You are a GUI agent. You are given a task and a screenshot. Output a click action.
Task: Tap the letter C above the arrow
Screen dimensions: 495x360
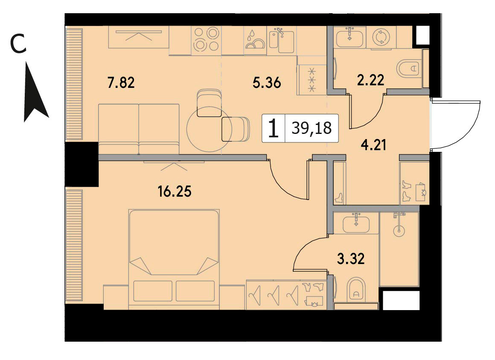click(x=18, y=44)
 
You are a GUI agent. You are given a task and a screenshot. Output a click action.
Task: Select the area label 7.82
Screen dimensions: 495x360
click(x=121, y=83)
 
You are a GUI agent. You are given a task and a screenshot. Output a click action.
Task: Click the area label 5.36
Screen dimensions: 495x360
click(x=267, y=83)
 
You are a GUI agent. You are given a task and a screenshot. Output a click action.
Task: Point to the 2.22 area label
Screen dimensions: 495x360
click(x=371, y=80)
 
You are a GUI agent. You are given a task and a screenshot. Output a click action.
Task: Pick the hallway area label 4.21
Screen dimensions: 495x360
click(x=374, y=145)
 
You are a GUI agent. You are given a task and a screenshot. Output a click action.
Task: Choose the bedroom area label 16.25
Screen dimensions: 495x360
click(x=175, y=191)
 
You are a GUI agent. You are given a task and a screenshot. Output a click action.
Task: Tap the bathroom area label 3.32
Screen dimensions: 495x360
click(x=351, y=259)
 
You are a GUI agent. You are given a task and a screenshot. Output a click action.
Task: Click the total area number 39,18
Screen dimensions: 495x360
click(x=312, y=128)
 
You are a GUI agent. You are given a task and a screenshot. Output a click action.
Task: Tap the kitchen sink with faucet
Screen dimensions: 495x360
click(x=281, y=40)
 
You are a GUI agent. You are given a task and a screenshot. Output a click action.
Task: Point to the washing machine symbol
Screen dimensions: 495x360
click(x=381, y=37)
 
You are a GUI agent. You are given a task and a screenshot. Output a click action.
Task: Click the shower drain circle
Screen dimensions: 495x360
click(x=399, y=230)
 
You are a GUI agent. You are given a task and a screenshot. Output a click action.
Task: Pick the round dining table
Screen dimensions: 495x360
click(x=209, y=129)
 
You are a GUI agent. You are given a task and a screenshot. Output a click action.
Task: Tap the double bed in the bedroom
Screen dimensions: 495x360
click(x=174, y=259)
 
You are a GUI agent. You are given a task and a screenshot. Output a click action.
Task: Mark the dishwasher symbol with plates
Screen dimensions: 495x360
click(x=255, y=40)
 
